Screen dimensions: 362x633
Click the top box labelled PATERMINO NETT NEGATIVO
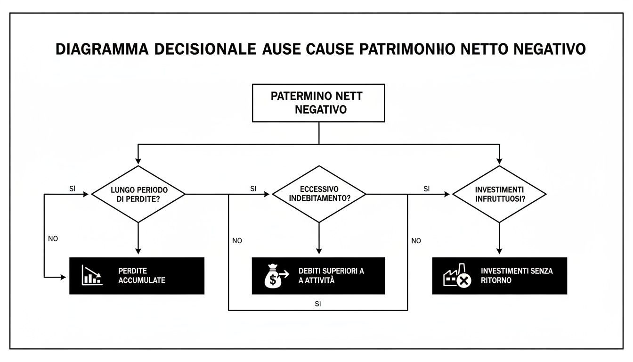click(319, 103)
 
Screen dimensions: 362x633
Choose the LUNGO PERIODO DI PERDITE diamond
click(138, 194)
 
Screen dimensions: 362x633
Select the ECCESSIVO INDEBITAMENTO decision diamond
click(319, 194)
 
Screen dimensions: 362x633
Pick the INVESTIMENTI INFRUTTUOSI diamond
click(499, 194)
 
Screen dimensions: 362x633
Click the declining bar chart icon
click(92, 275)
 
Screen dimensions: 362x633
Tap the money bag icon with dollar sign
click(274, 276)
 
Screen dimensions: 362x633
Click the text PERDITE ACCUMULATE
click(142, 276)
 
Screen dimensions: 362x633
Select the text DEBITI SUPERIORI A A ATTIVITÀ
click(331, 276)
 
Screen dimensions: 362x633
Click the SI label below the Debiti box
click(317, 304)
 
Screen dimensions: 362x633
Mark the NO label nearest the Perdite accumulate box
click(53, 239)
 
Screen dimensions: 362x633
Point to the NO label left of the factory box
click(416, 241)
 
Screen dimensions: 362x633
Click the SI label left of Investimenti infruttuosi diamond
click(426, 189)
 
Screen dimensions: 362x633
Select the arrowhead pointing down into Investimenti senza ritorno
click(499, 251)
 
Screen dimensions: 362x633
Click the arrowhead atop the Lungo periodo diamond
click(138, 160)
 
